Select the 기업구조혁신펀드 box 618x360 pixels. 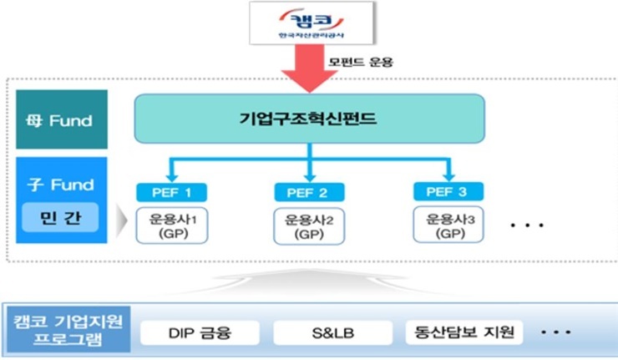click(310, 118)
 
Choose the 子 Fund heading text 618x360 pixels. click(59, 184)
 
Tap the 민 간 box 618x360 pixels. click(58, 219)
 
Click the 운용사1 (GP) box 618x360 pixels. click(170, 226)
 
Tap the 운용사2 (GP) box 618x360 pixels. click(310, 226)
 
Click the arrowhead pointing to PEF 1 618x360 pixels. click(170, 175)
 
